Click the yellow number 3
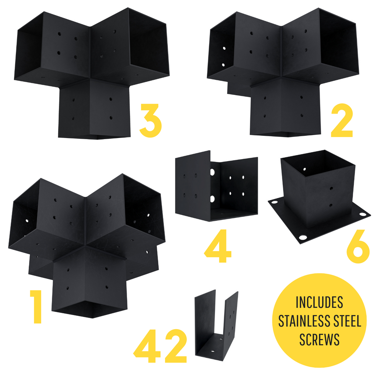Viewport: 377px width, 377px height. tap(151, 120)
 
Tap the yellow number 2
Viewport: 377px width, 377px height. tap(342, 120)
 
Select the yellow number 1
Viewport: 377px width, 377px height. tap(36, 307)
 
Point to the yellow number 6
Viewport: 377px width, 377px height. tap(358, 246)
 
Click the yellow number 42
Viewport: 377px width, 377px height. tap(160, 346)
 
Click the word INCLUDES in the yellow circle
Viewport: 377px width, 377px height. tap(319, 302)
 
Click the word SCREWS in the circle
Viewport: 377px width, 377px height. tap(319, 339)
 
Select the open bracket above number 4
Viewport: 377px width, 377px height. tap(216, 186)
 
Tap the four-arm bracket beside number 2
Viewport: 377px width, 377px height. tap(283, 72)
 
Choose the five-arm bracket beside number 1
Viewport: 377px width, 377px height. tap(87, 245)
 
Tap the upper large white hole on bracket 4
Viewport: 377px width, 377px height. tap(212, 172)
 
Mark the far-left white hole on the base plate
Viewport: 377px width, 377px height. tap(274, 202)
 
